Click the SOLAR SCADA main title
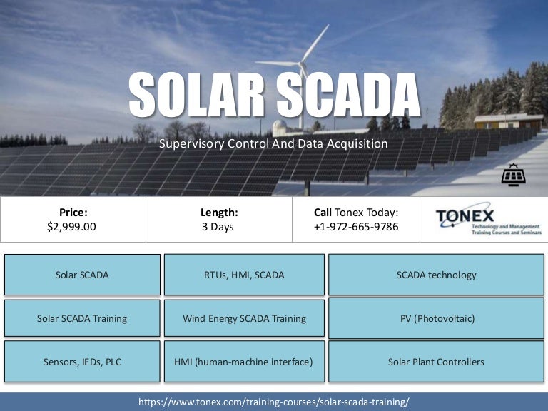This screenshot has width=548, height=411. (274, 95)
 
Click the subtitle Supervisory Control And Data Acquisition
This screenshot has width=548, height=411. (274, 143)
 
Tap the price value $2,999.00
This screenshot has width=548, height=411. (71, 227)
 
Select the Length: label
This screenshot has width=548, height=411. (220, 212)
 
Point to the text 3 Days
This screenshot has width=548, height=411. (218, 227)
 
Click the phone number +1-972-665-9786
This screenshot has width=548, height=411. (356, 227)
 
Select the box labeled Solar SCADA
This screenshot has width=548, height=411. (82, 275)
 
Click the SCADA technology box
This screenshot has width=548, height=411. (436, 275)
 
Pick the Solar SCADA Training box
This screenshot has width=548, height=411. (82, 318)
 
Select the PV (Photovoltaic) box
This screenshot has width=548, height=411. (436, 318)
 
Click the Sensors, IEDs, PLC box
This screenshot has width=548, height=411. (82, 362)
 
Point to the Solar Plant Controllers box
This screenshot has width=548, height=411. (436, 362)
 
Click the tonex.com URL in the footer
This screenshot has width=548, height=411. (274, 402)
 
